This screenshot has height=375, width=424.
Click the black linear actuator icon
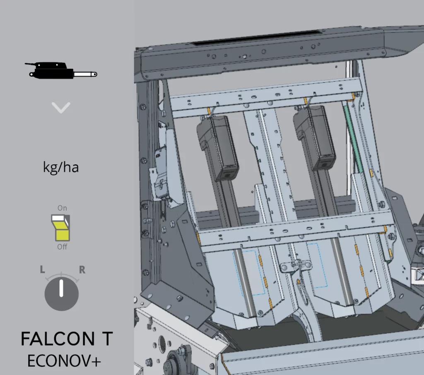pyautogui.click(x=61, y=70)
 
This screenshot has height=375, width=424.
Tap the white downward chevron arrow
pyautogui.click(x=61, y=108)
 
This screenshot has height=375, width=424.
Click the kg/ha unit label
pyautogui.click(x=61, y=167)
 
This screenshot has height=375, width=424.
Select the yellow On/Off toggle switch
pyautogui.click(x=60, y=228)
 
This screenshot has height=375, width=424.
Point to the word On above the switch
pyautogui.click(x=62, y=208)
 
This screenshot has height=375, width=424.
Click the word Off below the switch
pyautogui.click(x=62, y=247)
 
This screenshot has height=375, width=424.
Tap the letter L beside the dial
pyautogui.click(x=43, y=269)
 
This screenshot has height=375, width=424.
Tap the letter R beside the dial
pyautogui.click(x=82, y=269)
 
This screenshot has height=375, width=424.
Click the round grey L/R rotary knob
pyautogui.click(x=62, y=293)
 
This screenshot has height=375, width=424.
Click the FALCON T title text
pyautogui.click(x=67, y=339)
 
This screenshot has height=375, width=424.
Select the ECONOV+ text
pyautogui.click(x=64, y=361)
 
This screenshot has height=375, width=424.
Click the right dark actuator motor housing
pyautogui.click(x=316, y=138)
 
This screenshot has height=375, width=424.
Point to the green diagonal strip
pyautogui.click(x=354, y=139)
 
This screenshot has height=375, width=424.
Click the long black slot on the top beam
pyautogui.click(x=257, y=37)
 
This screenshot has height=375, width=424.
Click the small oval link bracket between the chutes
pyautogui.click(x=296, y=265)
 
